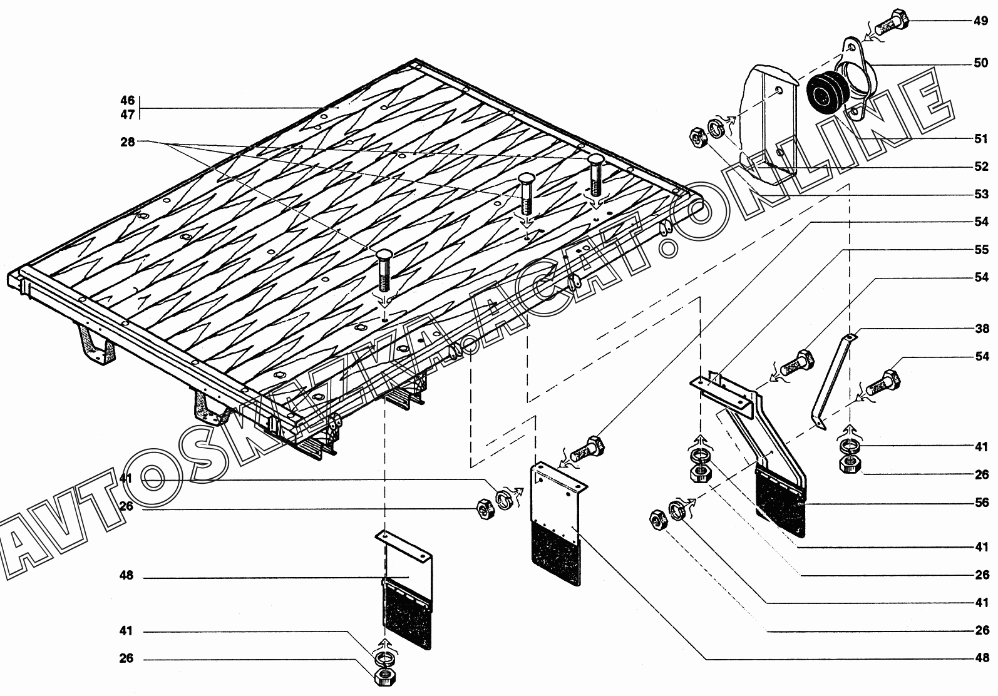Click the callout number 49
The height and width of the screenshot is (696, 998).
[980, 21]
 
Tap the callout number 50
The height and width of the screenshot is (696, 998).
[980, 63]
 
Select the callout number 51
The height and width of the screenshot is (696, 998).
[980, 139]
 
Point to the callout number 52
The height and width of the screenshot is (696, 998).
[980, 166]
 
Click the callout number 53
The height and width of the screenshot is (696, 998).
[980, 194]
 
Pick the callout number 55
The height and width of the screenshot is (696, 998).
[980, 249]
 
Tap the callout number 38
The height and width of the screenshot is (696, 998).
[980, 329]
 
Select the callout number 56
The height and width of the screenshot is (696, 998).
[980, 503]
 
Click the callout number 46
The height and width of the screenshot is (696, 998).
[128, 100]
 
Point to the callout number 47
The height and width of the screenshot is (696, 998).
[128, 115]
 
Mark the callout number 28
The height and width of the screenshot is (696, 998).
[128, 142]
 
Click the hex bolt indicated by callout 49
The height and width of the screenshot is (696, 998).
[891, 23]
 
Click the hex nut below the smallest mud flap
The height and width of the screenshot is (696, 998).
[386, 676]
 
